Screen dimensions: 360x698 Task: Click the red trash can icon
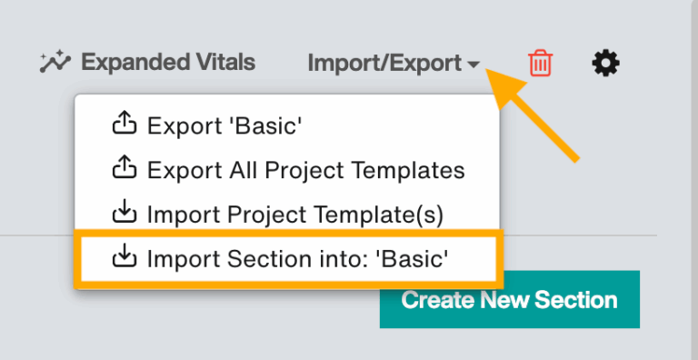click(x=541, y=63)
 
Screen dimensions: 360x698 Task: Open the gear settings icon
click(x=606, y=63)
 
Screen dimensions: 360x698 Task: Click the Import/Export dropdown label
click(x=384, y=63)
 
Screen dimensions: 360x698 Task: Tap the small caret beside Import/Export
click(x=474, y=65)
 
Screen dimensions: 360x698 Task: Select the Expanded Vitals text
click(x=168, y=63)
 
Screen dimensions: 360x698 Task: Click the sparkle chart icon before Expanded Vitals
click(x=55, y=63)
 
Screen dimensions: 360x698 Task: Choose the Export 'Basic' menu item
click(x=224, y=126)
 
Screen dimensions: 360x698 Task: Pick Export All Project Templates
click(x=305, y=170)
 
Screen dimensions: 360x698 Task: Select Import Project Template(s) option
click(x=294, y=214)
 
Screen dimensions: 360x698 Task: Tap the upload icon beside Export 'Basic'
click(x=123, y=125)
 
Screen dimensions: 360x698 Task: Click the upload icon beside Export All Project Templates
click(x=123, y=169)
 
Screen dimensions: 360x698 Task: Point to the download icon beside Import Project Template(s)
click(x=123, y=214)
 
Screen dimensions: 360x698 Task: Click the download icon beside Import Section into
click(x=123, y=258)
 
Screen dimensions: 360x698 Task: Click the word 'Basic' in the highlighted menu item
click(x=414, y=258)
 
